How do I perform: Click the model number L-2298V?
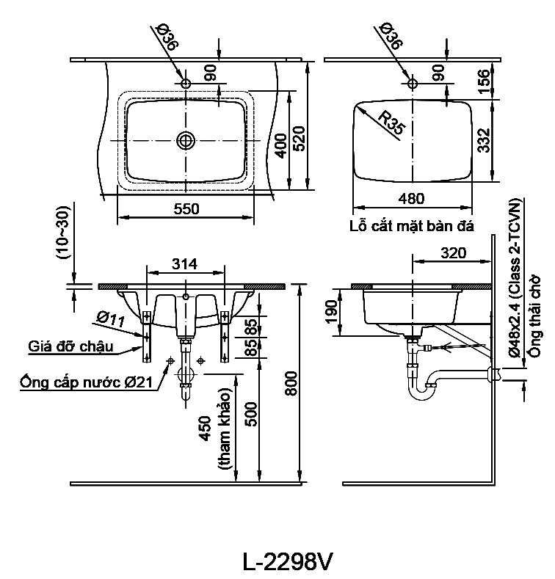[288, 562]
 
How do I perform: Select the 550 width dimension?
[186, 209]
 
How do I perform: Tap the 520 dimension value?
[300, 139]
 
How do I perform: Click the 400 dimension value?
[281, 145]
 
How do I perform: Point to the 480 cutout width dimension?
[411, 199]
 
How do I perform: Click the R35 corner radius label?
[392, 123]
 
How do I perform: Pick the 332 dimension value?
[483, 140]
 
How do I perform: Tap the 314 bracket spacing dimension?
[185, 264]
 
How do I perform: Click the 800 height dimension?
[291, 384]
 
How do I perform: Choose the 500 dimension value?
[251, 415]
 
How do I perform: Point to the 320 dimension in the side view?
[454, 253]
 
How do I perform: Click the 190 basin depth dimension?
[332, 310]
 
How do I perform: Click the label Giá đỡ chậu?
[70, 346]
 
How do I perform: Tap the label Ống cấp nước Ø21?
[86, 382]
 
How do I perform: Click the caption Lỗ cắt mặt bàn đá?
[412, 225]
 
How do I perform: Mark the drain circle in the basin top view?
[186, 140]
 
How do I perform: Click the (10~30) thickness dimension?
[62, 233]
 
